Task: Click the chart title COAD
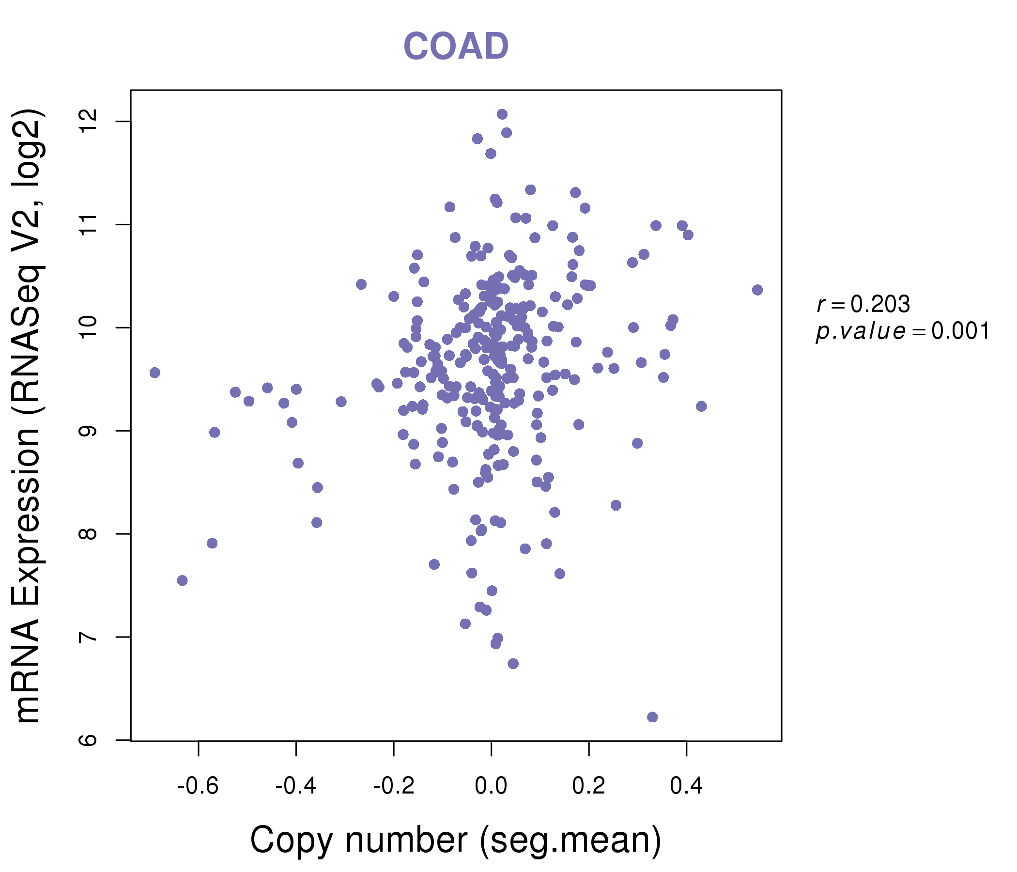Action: point(456,46)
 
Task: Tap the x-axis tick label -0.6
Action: point(198,786)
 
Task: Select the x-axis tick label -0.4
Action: point(295,786)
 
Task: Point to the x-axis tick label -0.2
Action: point(394,786)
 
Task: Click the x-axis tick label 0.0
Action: point(491,786)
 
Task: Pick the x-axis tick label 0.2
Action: point(588,786)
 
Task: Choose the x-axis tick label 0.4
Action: point(686,786)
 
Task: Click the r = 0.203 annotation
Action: point(863,304)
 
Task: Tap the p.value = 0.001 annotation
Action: point(902,331)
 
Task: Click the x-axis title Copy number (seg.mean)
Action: point(456,841)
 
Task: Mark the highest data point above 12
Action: point(502,114)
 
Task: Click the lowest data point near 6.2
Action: point(652,717)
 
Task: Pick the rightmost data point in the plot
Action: point(757,290)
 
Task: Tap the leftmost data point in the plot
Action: point(154,373)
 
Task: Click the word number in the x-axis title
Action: point(406,841)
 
